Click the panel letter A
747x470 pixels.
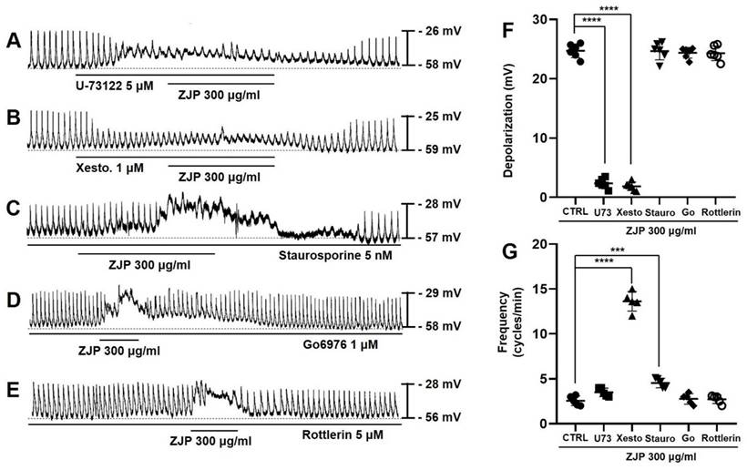tap(13, 41)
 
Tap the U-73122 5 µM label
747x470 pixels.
tap(115, 85)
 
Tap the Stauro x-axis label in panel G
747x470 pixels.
tap(658, 439)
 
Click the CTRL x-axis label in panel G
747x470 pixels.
tap(575, 439)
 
